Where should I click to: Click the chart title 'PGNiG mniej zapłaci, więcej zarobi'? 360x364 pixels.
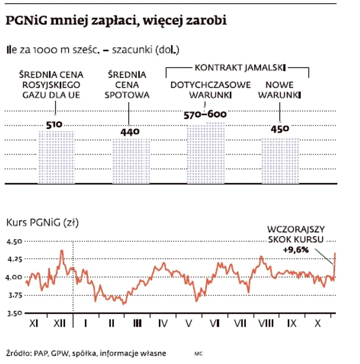[116, 21]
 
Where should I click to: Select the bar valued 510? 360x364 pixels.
[56, 156]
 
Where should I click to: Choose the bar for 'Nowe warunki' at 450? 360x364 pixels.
[280, 161]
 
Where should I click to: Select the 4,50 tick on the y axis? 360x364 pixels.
[14, 242]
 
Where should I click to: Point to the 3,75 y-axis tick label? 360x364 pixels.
[14, 295]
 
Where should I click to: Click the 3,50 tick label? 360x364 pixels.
[14, 313]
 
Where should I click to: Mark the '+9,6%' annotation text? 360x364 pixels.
[296, 250]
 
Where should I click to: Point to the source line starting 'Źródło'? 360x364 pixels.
[86, 353]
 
